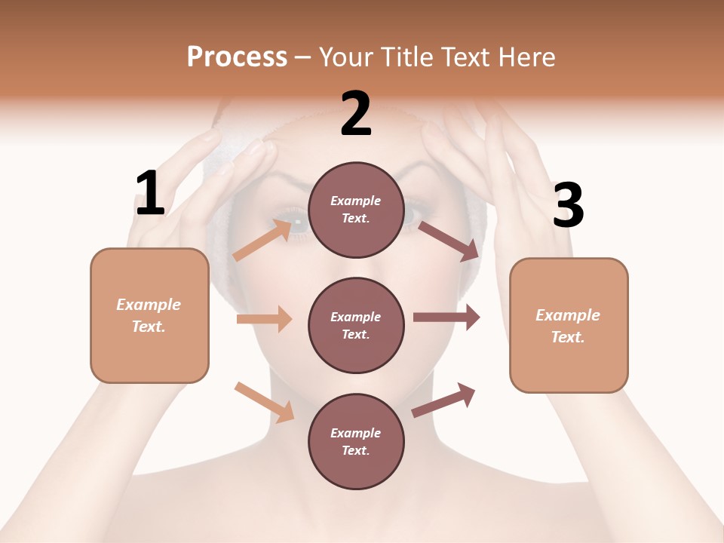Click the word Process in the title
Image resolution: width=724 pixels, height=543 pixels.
[237, 57]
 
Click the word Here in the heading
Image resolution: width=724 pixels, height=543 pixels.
[526, 57]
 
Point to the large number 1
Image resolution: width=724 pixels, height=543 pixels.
[150, 194]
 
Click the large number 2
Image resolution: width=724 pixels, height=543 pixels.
[356, 114]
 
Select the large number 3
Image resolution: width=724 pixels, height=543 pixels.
[568, 207]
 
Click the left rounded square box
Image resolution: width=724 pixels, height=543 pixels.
[149, 315]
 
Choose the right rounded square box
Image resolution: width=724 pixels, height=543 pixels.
[569, 325]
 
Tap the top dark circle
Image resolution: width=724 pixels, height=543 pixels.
[356, 210]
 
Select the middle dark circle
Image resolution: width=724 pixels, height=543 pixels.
[356, 325]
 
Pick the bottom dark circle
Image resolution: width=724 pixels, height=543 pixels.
[356, 441]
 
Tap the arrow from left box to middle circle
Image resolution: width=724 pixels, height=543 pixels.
[265, 319]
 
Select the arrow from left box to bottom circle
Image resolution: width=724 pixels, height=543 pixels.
[265, 402]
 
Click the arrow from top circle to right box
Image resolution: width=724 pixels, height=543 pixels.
[449, 241]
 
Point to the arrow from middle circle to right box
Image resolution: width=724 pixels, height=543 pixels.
[446, 318]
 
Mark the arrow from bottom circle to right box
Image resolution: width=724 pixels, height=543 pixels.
[443, 400]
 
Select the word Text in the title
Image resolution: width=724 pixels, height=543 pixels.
[462, 57]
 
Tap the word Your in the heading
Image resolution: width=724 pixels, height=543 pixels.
[346, 57]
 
